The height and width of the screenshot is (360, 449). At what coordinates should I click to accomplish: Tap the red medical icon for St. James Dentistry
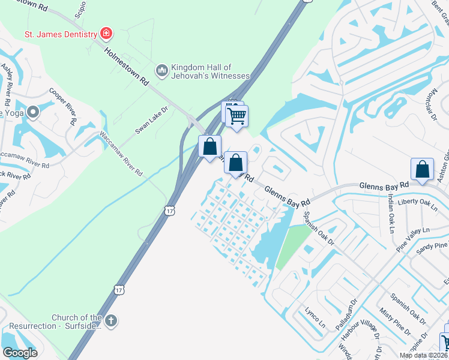pos(107,33)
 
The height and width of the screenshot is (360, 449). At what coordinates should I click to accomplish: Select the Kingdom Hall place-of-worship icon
pos(161,71)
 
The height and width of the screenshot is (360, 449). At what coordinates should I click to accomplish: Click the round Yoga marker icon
pos(32,112)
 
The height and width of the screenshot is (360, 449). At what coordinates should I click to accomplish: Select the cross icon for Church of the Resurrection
pos(110,322)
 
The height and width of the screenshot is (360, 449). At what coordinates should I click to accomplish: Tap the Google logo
pos(20,352)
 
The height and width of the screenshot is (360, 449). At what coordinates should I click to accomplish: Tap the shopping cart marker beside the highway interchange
pos(237,115)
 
